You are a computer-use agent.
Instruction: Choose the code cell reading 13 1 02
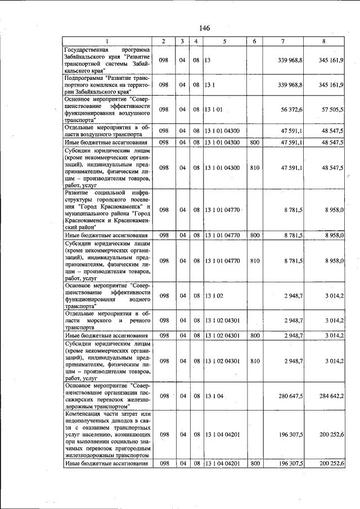pos(214,295)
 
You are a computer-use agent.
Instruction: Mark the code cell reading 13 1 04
pos(214,396)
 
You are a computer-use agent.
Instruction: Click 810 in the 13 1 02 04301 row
pos(254,361)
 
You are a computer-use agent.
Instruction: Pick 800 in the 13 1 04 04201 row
pos(254,463)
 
